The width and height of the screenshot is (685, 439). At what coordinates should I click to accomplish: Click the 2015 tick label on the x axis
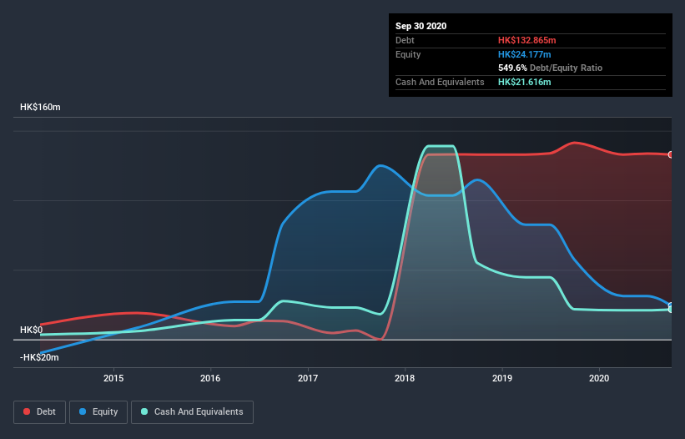pos(113,378)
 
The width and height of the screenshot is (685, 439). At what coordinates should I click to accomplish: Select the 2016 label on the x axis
pos(211,378)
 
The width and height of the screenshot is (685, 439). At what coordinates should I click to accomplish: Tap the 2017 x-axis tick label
pos(308,378)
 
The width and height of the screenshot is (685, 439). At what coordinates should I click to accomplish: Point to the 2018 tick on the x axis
pos(405,378)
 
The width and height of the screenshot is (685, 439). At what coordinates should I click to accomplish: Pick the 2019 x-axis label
pos(502,378)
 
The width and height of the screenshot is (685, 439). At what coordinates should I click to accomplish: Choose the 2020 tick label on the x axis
pos(599,378)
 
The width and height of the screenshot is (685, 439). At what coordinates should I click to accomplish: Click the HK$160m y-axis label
pos(40,108)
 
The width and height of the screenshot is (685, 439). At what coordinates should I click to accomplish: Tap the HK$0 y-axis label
pos(31,330)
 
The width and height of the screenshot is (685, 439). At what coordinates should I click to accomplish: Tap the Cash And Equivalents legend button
pos(192,411)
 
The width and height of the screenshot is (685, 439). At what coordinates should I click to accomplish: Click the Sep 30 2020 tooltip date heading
pos(421,26)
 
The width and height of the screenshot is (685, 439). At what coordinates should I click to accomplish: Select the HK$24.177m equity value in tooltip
pos(524,54)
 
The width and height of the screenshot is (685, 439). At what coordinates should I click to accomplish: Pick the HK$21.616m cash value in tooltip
pos(524,82)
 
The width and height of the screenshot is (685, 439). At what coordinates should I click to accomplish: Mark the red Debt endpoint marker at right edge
pos(670,154)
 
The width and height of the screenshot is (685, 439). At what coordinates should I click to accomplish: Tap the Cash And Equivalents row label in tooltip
pos(440,82)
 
